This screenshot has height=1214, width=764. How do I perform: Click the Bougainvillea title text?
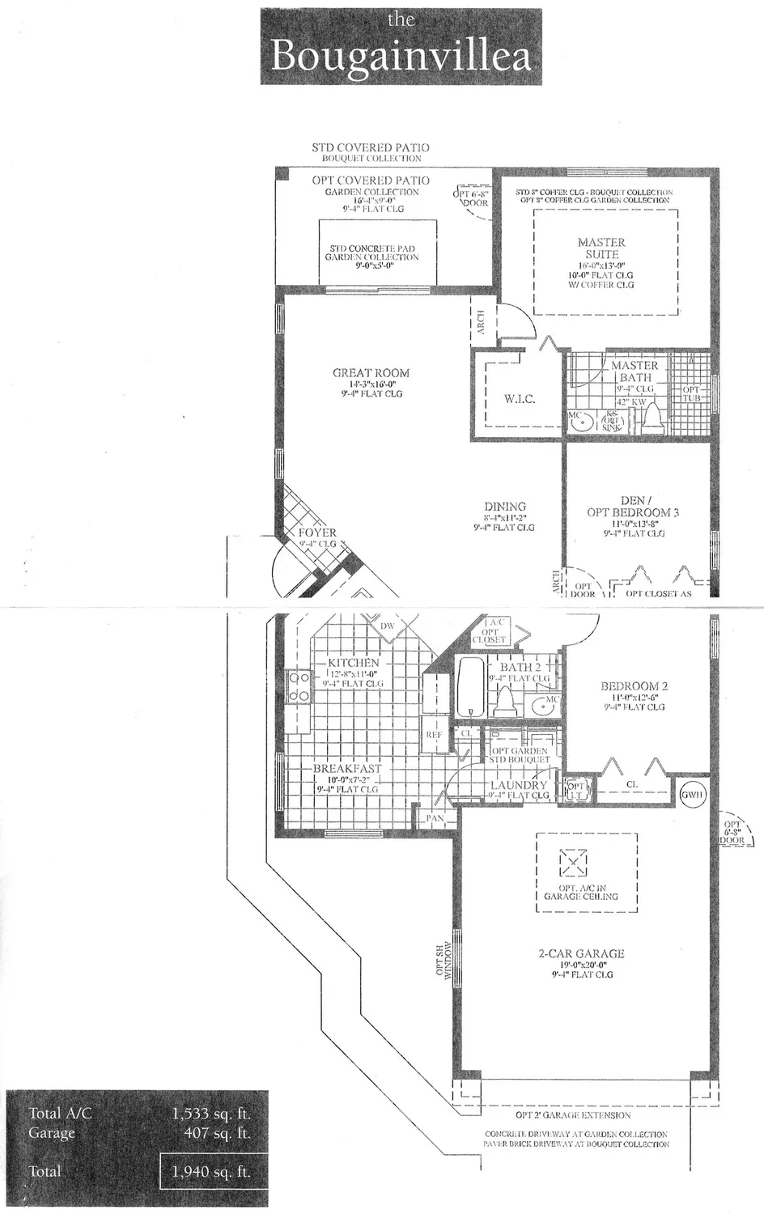[x=401, y=55]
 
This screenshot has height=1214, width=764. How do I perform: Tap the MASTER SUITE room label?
[x=601, y=248]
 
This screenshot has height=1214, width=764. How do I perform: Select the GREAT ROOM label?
[x=371, y=373]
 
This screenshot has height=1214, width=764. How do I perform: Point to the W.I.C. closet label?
[x=519, y=399]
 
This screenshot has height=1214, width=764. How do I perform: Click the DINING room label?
[x=505, y=507]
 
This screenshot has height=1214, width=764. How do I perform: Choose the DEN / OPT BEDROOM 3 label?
[x=633, y=507]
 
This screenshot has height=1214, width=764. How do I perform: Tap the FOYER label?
[x=317, y=533]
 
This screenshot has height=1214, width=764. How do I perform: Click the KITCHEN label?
[x=353, y=662]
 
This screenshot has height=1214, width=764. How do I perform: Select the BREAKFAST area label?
[x=347, y=768]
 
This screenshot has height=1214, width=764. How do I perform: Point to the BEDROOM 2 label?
[x=634, y=686]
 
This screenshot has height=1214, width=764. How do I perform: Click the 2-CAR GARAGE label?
[x=581, y=953]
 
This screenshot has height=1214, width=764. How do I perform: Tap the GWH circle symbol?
[x=693, y=795]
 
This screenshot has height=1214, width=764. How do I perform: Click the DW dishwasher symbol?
[x=387, y=626]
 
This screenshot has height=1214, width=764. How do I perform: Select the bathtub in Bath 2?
[x=469, y=686]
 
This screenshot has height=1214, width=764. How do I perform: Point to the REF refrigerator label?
[x=434, y=734]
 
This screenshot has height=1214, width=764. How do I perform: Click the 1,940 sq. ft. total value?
[x=211, y=1171]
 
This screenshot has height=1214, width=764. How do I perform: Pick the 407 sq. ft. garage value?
[x=217, y=1133]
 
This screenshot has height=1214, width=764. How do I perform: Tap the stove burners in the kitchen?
[x=297, y=686]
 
